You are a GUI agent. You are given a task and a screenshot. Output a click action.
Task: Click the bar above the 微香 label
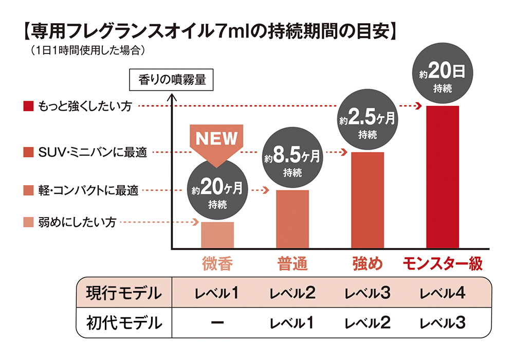pyautogui.click(x=217, y=235)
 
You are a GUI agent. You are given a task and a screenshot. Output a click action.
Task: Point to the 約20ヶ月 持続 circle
pyautogui.click(x=217, y=191)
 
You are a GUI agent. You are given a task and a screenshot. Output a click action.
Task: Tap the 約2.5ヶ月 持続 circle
pyautogui.click(x=367, y=122)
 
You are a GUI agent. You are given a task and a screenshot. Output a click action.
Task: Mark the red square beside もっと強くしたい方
pyautogui.click(x=28, y=106)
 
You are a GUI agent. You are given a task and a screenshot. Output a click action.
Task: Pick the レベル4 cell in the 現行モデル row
pyautogui.click(x=443, y=294)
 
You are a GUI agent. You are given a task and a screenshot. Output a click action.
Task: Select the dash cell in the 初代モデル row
pyautogui.click(x=217, y=323)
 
